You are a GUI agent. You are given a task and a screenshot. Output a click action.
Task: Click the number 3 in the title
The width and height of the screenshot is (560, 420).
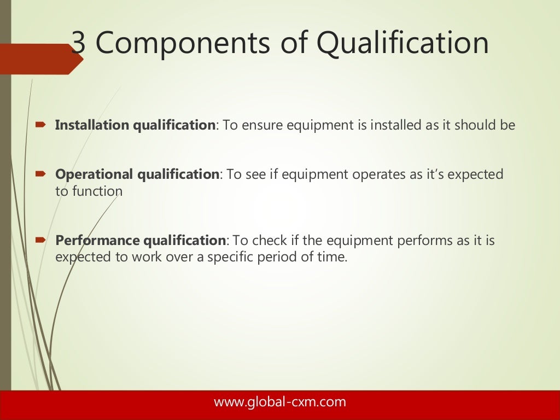(79, 44)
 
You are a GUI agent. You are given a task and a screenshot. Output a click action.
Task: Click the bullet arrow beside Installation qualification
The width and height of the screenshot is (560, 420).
(40, 125)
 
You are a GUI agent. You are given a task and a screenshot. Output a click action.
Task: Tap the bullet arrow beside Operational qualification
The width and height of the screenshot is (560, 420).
(40, 174)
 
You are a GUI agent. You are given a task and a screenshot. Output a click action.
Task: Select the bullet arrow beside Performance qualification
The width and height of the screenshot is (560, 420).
(40, 240)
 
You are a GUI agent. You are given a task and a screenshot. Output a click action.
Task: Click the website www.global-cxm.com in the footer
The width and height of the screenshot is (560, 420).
(279, 402)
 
